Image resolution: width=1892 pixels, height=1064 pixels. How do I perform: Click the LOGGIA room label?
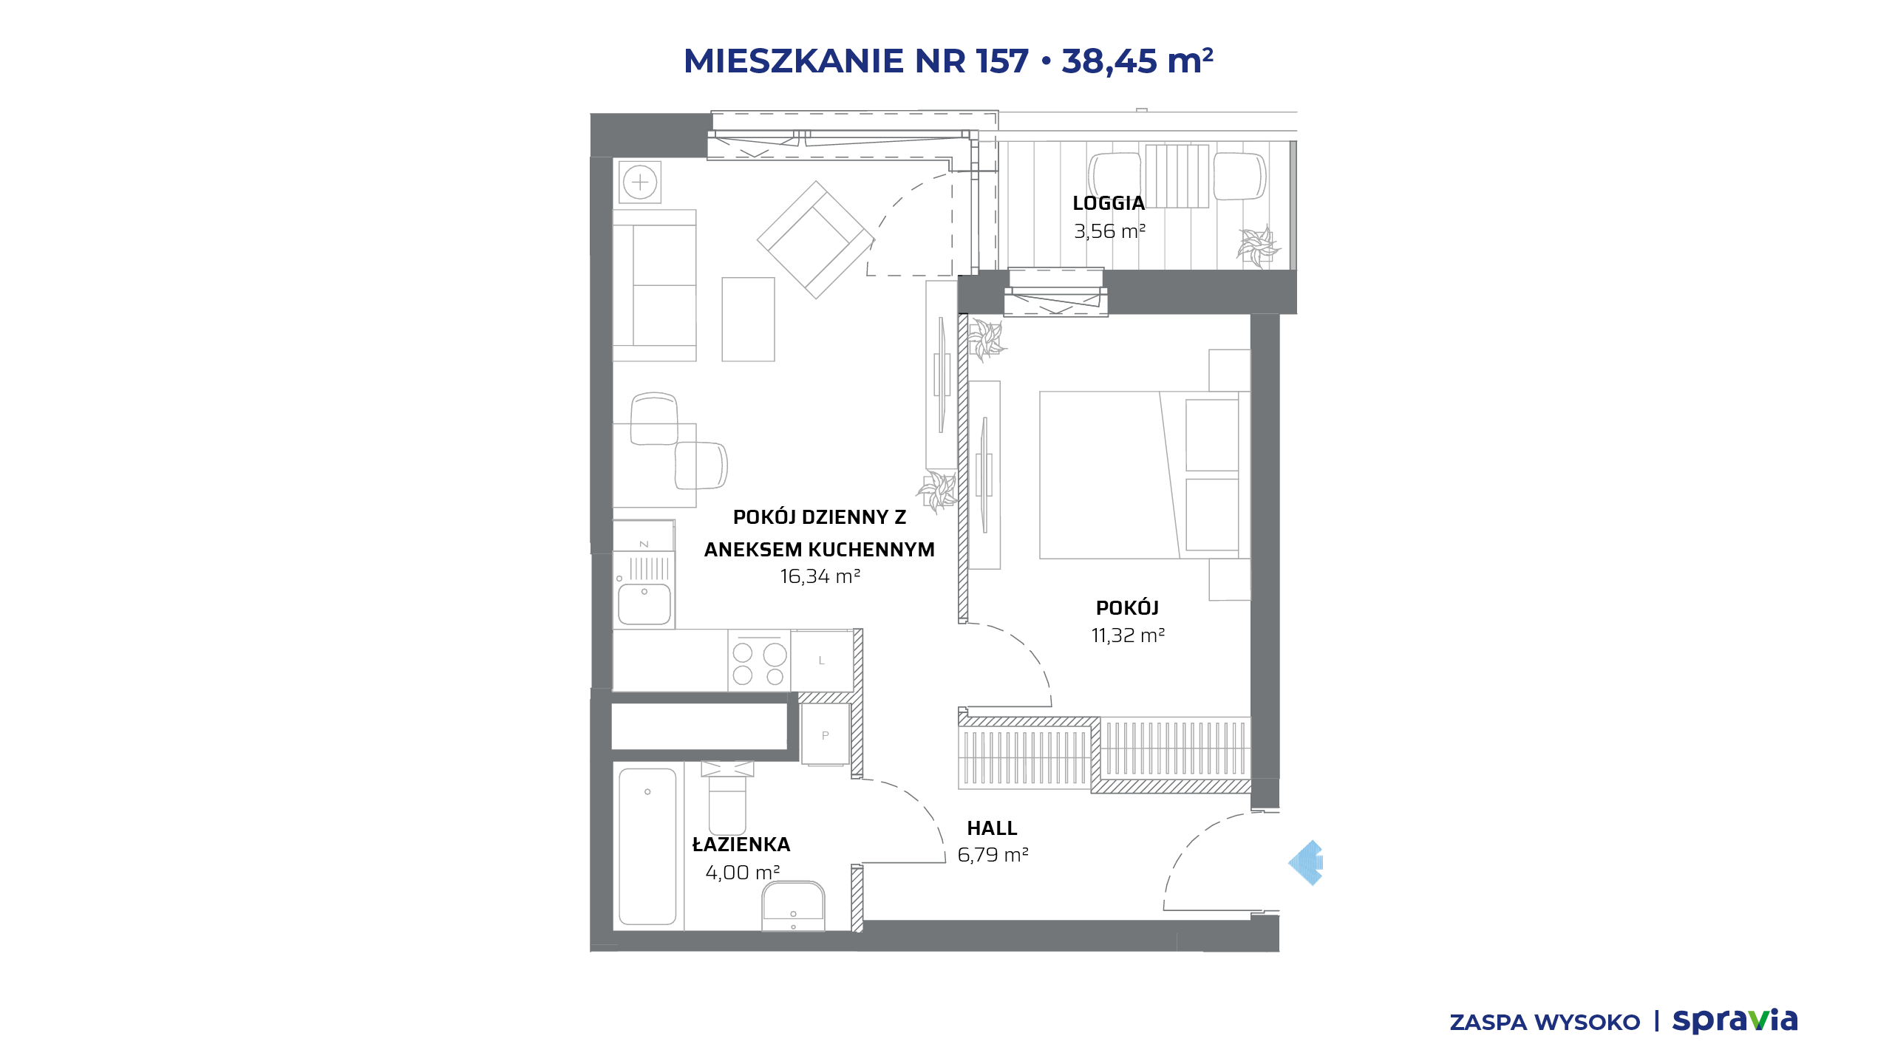point(1109,203)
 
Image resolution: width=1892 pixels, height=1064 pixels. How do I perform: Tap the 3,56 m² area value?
point(1109,231)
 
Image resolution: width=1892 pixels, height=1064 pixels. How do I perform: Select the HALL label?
point(992,828)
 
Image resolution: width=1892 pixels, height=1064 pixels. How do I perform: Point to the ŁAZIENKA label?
point(741,844)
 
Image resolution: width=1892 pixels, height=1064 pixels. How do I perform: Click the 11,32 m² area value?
point(1128,635)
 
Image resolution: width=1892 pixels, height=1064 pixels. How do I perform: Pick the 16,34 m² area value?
point(820,576)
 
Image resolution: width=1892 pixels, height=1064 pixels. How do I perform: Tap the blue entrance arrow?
point(1306,862)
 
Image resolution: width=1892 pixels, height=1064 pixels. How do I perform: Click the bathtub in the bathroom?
point(647,847)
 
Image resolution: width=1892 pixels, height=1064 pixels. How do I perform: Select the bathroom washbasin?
point(793,906)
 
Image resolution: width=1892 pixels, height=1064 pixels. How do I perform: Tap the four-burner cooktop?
point(759,661)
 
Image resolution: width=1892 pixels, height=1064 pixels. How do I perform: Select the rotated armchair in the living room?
point(816,240)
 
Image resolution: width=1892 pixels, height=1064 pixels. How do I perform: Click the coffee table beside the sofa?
point(748,319)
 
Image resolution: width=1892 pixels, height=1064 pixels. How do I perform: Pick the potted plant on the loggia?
point(1258,246)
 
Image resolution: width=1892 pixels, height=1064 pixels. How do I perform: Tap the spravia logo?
point(1735,1021)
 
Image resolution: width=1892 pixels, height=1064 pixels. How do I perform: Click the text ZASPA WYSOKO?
point(1545,1023)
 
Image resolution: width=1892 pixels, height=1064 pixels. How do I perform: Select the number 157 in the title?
point(1002,61)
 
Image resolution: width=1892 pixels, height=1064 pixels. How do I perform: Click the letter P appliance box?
point(826,735)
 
